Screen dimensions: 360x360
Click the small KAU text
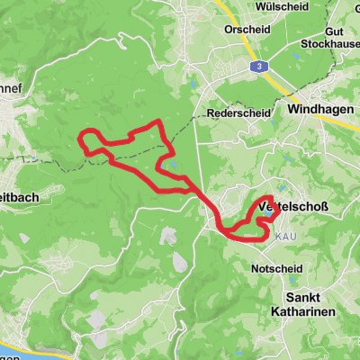[x=284, y=236]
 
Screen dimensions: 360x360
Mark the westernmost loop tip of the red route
[x=81, y=141]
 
